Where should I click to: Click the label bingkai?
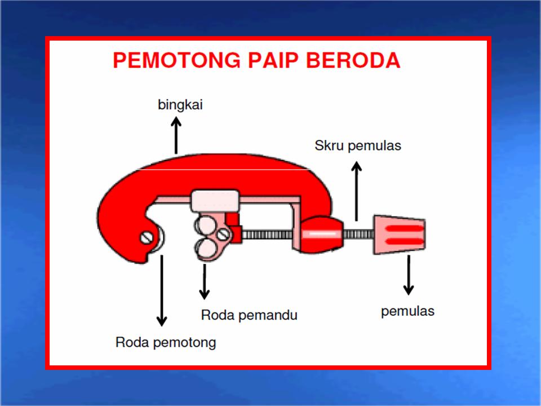(x=180, y=105)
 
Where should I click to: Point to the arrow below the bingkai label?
(x=176, y=135)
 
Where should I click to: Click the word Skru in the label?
(x=329, y=145)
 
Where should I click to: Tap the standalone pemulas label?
(x=407, y=311)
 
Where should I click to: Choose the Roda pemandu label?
(x=249, y=315)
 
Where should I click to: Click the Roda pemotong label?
(x=166, y=342)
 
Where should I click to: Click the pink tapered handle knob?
(x=399, y=233)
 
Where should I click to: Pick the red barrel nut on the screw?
(x=321, y=233)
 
